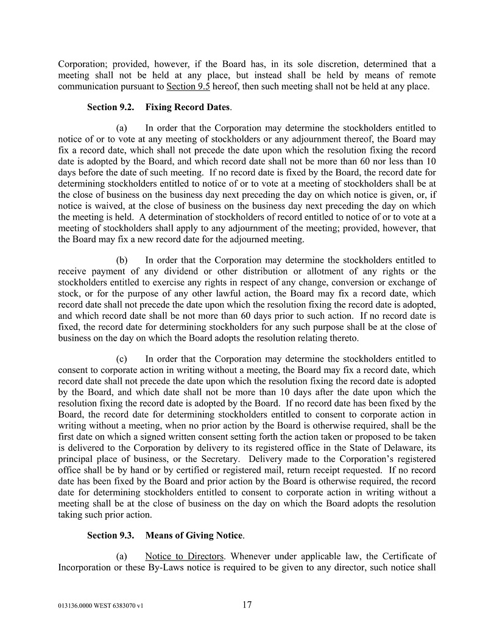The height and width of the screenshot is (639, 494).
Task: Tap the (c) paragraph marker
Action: [122, 359]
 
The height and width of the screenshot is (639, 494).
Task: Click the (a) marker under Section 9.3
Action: [122, 556]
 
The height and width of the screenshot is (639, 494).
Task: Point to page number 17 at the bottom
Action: [247, 605]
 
